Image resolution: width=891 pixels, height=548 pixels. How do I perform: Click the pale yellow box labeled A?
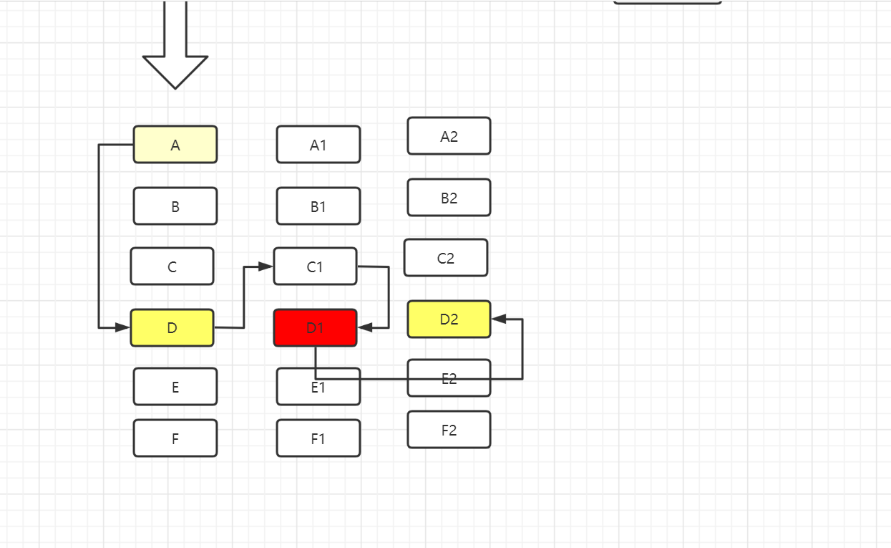click(175, 145)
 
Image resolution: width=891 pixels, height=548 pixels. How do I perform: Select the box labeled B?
click(175, 206)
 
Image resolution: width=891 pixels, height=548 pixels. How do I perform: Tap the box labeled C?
click(172, 266)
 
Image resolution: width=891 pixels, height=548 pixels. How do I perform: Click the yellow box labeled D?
click(172, 328)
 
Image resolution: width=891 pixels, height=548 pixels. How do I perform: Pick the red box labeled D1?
click(316, 328)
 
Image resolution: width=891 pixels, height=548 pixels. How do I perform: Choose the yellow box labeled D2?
click(449, 319)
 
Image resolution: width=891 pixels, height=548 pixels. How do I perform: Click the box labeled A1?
click(318, 145)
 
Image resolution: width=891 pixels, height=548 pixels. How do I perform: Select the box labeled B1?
click(318, 206)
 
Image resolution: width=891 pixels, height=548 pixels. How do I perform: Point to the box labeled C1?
click(315, 266)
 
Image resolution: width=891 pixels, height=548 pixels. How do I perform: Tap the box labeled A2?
click(449, 136)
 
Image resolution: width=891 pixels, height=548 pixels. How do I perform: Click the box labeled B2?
click(449, 198)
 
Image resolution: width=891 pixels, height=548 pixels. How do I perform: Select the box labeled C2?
click(446, 258)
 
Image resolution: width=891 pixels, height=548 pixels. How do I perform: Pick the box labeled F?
click(175, 438)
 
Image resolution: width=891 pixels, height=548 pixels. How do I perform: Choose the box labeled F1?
click(318, 438)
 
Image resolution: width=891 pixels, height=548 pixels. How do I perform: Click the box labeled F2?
click(449, 430)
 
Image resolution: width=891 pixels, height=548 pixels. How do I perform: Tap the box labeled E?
click(175, 387)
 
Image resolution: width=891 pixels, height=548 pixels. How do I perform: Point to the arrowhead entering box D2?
click(499, 319)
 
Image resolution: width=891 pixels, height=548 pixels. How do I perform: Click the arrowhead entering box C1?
click(266, 266)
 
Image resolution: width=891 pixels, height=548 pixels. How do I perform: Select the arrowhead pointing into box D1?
click(365, 327)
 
